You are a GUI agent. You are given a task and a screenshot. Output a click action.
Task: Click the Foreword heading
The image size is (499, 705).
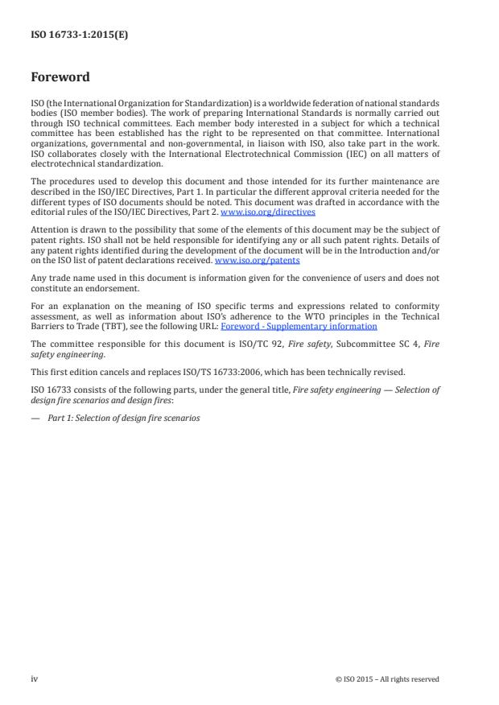(x=60, y=78)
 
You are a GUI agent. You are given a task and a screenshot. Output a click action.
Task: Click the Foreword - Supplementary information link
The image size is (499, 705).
(x=299, y=327)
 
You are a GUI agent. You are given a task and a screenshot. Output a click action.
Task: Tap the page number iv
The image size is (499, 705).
(x=35, y=678)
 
